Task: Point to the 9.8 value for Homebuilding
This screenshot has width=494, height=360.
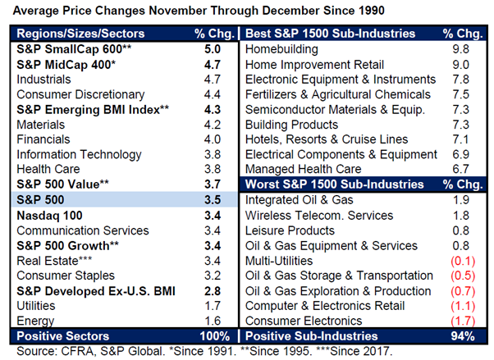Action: (x=455, y=50)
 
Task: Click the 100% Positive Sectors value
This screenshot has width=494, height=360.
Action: (x=215, y=335)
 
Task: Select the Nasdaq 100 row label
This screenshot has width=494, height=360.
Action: (x=48, y=215)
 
